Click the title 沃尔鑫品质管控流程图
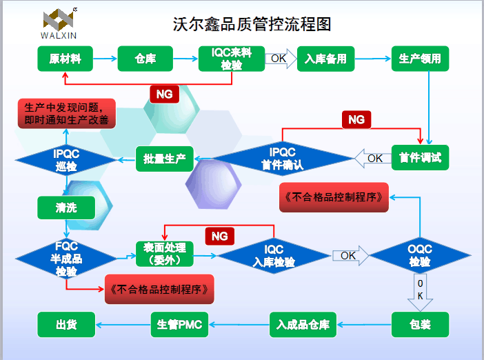(x=252, y=24)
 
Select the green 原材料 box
(x=65, y=59)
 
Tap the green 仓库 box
(x=145, y=59)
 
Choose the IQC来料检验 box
(x=231, y=59)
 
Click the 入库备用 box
(x=325, y=59)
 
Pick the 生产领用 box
(x=420, y=59)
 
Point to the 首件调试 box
(x=420, y=158)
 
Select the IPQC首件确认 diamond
(x=282, y=159)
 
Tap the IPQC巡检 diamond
(x=66, y=160)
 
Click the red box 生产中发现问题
(x=66, y=113)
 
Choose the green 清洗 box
(x=66, y=207)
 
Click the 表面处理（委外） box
(x=164, y=254)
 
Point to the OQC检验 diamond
(x=419, y=256)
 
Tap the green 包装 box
(x=420, y=323)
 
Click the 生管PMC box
(x=179, y=323)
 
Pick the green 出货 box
(x=65, y=323)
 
